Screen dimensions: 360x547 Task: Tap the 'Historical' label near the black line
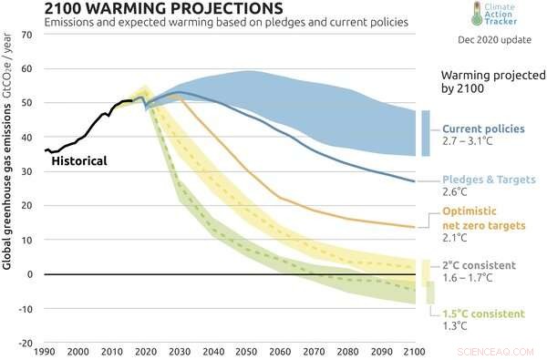pos(78,161)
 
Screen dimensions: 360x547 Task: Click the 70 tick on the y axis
pos(26,35)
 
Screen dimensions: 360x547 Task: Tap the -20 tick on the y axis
pos(24,344)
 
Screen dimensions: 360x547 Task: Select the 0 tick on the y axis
pos(29,274)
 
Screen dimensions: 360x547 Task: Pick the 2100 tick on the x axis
pos(414,351)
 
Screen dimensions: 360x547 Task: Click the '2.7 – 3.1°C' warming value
pos(470,143)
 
